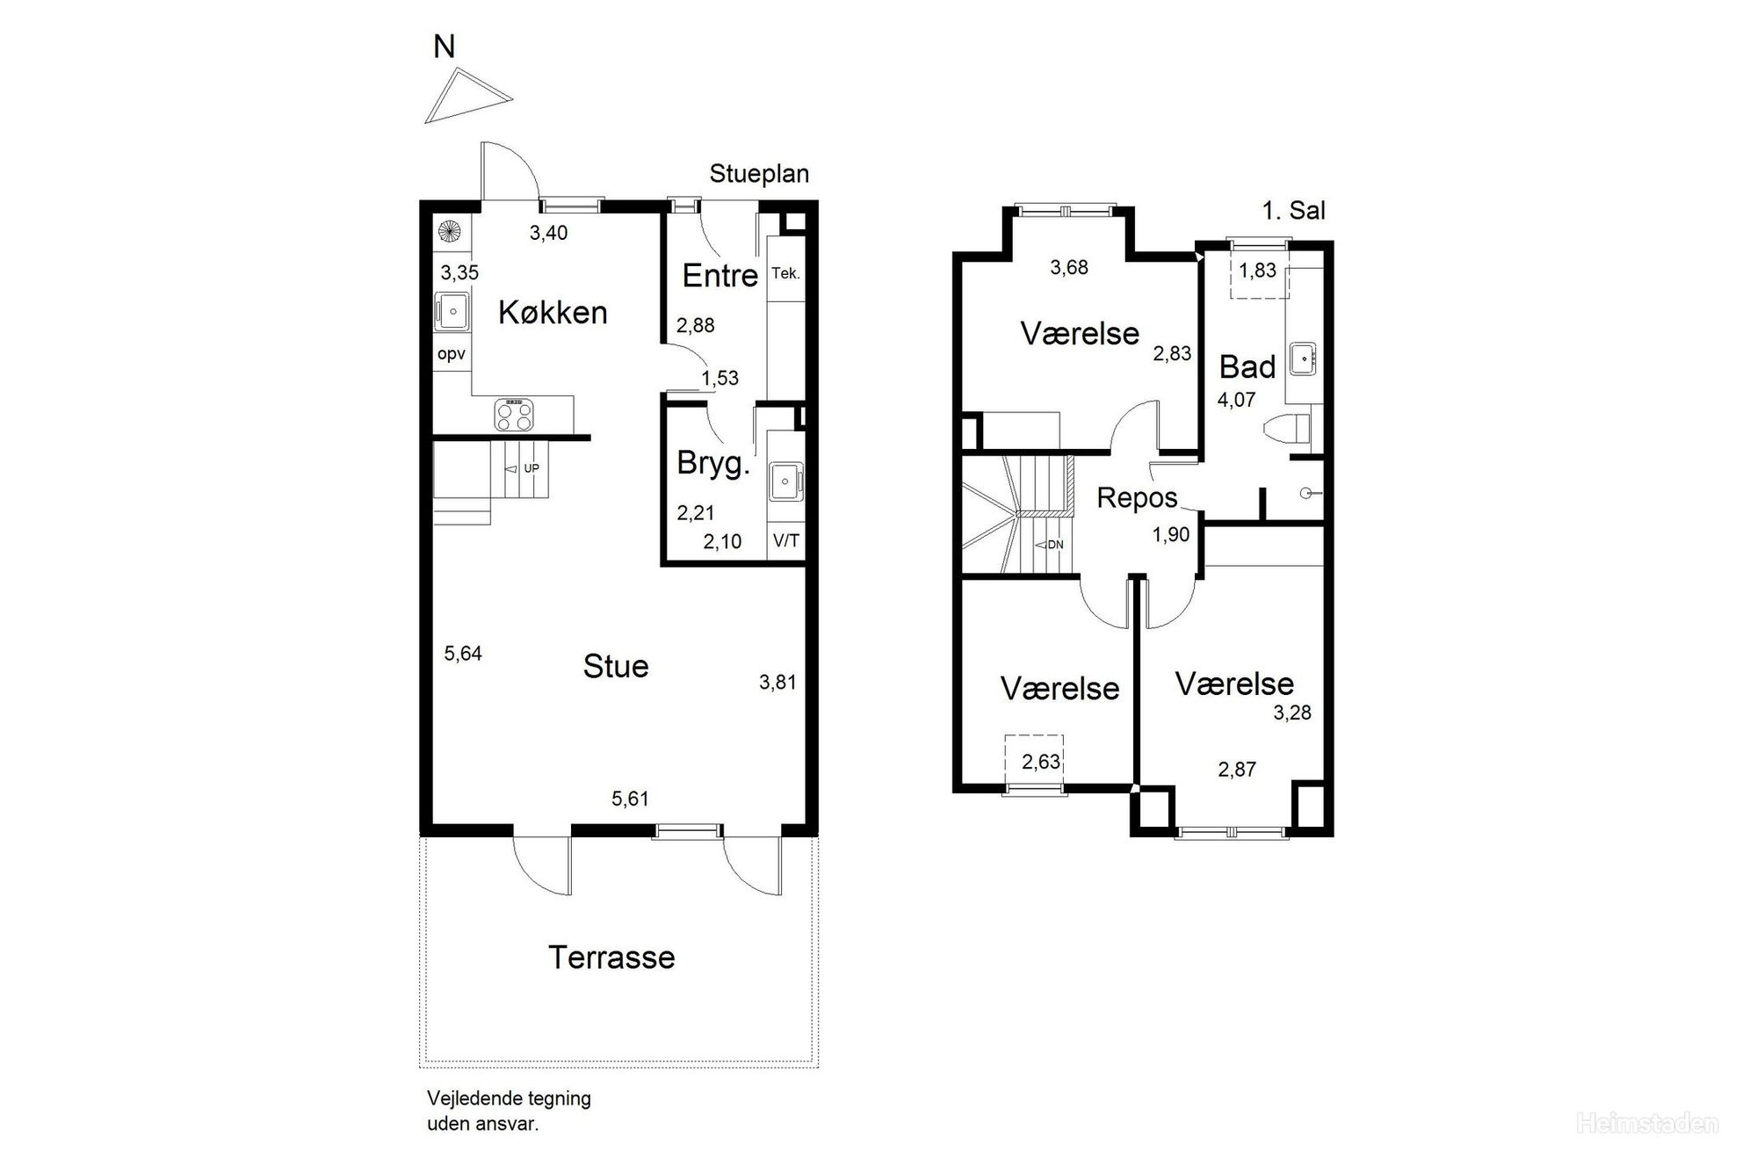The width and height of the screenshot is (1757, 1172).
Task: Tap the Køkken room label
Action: click(x=553, y=313)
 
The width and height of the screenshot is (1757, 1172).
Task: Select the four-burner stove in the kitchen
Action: click(x=514, y=415)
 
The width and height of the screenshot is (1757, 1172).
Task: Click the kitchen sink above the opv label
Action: click(x=452, y=311)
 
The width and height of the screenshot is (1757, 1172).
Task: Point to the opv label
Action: click(x=451, y=355)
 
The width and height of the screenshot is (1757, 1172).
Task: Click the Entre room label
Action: click(x=719, y=276)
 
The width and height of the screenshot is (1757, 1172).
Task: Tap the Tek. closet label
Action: click(x=785, y=273)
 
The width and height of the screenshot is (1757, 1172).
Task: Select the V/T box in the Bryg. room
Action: click(x=786, y=540)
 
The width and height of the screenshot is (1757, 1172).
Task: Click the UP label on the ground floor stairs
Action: click(x=531, y=468)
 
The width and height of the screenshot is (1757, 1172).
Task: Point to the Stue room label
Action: click(x=616, y=666)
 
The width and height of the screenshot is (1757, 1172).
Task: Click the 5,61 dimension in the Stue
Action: click(x=630, y=799)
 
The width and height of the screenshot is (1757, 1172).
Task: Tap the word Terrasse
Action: click(x=611, y=957)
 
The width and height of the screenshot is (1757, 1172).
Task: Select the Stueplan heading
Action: click(x=759, y=174)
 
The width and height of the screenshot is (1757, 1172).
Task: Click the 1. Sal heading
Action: click(x=1293, y=210)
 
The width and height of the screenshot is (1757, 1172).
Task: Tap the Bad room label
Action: click(x=1247, y=366)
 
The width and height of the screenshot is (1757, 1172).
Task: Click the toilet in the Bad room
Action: click(x=1286, y=430)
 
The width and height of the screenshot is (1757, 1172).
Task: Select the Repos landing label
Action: click(x=1137, y=498)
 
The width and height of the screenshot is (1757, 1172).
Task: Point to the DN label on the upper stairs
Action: click(x=1055, y=545)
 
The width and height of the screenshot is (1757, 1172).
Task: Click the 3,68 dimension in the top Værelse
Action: click(x=1069, y=267)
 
